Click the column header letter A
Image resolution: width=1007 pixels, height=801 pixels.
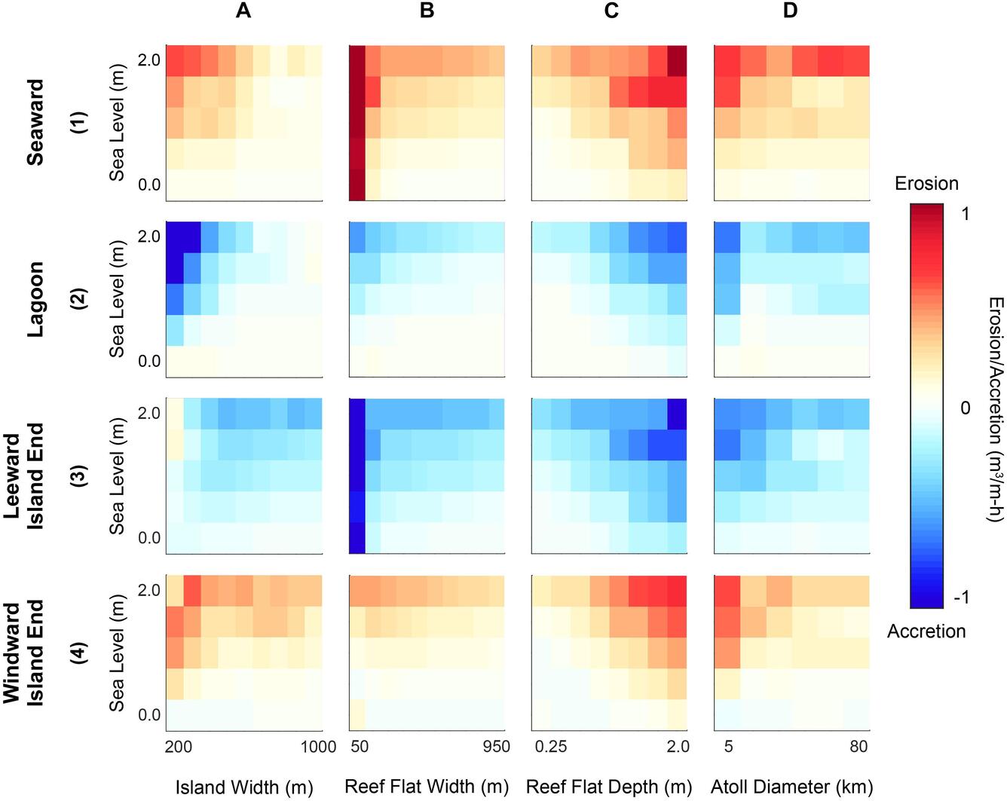pyautogui.click(x=243, y=11)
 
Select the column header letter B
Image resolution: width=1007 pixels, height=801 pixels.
pyautogui.click(x=427, y=11)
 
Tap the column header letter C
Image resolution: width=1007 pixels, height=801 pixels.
pyautogui.click(x=611, y=11)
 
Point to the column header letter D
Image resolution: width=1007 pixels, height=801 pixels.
pyautogui.click(x=791, y=11)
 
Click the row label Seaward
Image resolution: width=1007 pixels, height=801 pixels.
pyautogui.click(x=35, y=122)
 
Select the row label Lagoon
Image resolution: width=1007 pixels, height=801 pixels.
pyautogui.click(x=35, y=299)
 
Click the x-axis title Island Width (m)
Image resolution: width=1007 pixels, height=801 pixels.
pyautogui.click(x=244, y=787)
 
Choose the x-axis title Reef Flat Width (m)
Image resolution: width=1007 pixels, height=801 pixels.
pyautogui.click(x=427, y=787)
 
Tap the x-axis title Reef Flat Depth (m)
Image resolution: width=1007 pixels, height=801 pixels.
pyautogui.click(x=609, y=787)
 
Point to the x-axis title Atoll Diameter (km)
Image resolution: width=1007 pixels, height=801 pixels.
pyautogui.click(x=791, y=787)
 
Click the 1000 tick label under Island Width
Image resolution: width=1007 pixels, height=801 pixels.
pyautogui.click(x=318, y=747)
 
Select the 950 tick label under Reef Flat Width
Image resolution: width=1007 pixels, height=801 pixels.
pyautogui.click(x=496, y=747)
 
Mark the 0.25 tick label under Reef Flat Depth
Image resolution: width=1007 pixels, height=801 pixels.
pyautogui.click(x=551, y=747)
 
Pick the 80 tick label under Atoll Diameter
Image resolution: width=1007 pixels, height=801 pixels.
pyautogui.click(x=859, y=747)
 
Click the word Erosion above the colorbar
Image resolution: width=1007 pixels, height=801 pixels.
pyautogui.click(x=926, y=184)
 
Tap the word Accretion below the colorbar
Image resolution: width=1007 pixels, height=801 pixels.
pyautogui.click(x=926, y=631)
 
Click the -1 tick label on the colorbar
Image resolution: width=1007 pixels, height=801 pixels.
pyautogui.click(x=961, y=598)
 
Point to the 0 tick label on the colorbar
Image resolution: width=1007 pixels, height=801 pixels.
pyautogui.click(x=966, y=408)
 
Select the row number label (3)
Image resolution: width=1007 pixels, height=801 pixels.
pyautogui.click(x=79, y=476)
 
